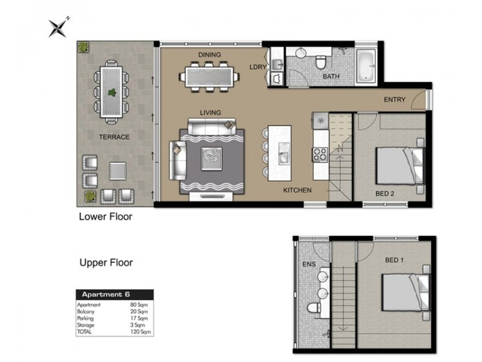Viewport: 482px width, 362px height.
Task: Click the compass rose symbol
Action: coord(58,28)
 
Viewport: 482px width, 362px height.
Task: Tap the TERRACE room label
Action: coord(114,137)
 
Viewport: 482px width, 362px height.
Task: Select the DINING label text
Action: coord(209,55)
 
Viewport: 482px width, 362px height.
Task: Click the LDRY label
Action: coord(258,67)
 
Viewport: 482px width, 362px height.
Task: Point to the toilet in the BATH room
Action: coord(321,62)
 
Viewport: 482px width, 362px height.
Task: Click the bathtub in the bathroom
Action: coord(366,66)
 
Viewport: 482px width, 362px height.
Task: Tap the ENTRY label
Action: coord(395,100)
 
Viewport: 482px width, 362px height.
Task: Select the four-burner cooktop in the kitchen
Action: coord(320,154)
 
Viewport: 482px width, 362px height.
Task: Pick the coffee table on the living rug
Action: coord(211,159)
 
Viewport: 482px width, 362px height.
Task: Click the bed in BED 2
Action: coord(399,166)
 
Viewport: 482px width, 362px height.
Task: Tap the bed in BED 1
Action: coord(405,293)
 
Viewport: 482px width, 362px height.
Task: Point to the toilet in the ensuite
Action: coord(313,308)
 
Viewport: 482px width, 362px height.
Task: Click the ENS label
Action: coord(309,264)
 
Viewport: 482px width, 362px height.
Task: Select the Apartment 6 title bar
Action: coord(114,294)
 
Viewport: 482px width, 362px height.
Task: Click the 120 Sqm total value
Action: coord(140,332)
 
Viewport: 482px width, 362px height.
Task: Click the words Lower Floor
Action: coord(105,217)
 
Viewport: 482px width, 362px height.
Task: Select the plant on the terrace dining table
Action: coord(112,92)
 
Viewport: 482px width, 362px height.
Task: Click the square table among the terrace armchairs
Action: coord(117,171)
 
